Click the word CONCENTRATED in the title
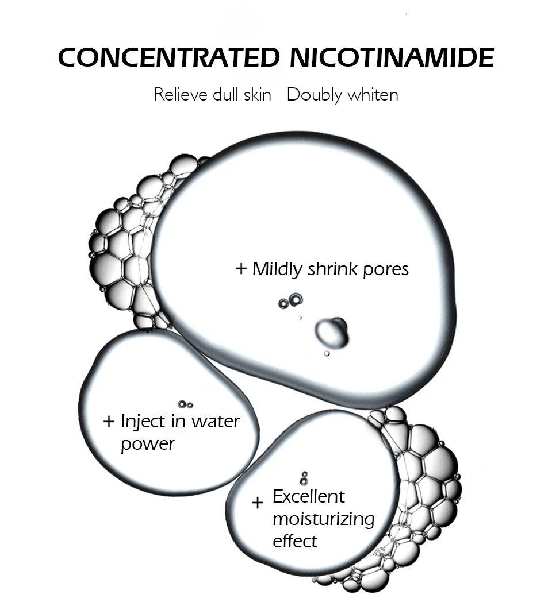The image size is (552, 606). click(x=166, y=57)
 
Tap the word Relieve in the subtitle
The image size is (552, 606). click(x=180, y=94)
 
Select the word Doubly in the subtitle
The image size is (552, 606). click(x=314, y=95)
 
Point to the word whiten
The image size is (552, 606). click(x=372, y=94)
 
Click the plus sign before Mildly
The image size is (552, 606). click(x=241, y=268)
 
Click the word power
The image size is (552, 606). click(x=147, y=444)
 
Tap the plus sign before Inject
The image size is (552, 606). click(x=109, y=422)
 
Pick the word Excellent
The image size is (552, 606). click(x=309, y=496)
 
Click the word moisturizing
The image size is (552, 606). click(x=323, y=519)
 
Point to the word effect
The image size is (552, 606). click(x=295, y=541)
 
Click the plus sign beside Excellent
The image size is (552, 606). click(x=258, y=503)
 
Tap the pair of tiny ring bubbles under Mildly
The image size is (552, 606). click(x=290, y=301)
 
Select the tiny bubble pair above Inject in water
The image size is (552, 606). click(x=185, y=404)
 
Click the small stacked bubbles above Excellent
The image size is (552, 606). click(x=304, y=478)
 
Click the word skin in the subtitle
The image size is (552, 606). click(x=256, y=94)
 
